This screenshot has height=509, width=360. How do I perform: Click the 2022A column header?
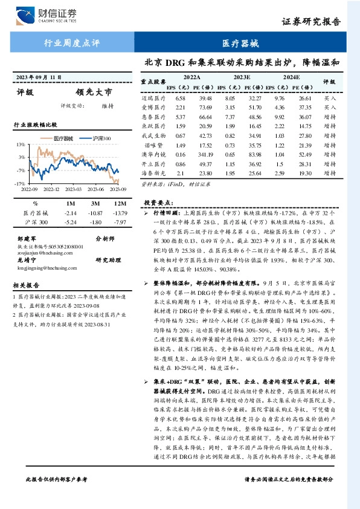coord(191,78)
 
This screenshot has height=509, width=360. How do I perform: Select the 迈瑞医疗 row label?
coord(153,98)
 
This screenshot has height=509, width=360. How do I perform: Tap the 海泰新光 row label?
coord(153,173)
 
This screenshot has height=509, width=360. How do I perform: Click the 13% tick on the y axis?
coord(21,145)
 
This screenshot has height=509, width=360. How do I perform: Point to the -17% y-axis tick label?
coord(20,183)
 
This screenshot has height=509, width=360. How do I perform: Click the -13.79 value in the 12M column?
coord(121,213)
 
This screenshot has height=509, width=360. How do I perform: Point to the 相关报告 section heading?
coord(27,285)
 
